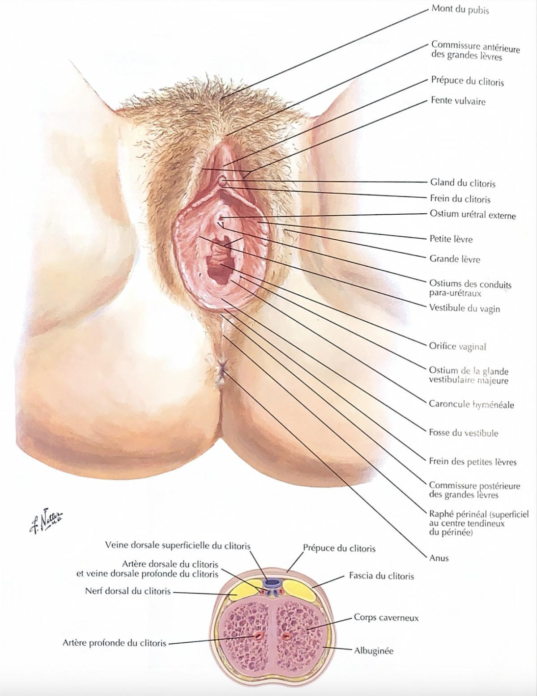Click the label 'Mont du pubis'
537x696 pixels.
point(460,9)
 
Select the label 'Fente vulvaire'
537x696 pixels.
point(458,101)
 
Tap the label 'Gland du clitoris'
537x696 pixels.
point(463,183)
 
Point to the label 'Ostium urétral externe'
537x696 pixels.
point(473,215)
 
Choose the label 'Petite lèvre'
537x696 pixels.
point(451,239)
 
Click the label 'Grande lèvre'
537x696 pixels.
point(455,259)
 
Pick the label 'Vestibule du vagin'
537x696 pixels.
point(465,309)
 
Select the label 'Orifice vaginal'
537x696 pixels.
point(457,346)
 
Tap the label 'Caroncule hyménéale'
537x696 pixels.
point(471,404)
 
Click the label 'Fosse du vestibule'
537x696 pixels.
point(464,433)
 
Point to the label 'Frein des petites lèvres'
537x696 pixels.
point(473,462)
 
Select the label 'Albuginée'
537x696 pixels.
point(374,650)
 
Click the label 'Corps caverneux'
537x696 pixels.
point(386,618)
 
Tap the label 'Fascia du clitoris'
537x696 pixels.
point(381,576)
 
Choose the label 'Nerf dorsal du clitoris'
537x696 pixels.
point(128,591)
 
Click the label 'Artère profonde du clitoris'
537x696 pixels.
point(115,643)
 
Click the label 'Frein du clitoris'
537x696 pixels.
point(460,199)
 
